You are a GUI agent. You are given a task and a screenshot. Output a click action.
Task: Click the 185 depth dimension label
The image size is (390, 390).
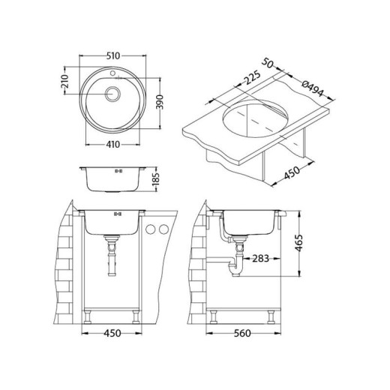[155, 180]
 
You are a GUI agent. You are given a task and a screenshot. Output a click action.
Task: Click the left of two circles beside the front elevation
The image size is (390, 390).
[151, 229]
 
